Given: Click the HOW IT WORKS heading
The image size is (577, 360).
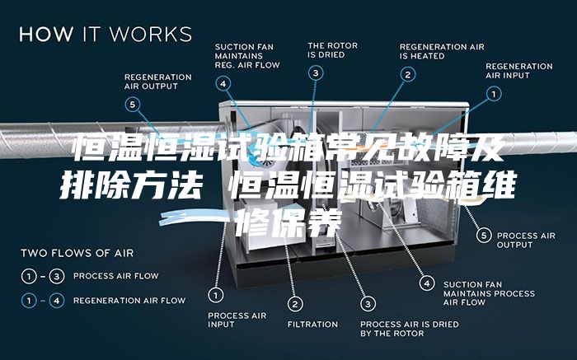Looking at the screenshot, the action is click(106, 35).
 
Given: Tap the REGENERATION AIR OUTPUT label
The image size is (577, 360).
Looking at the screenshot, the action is click(158, 82).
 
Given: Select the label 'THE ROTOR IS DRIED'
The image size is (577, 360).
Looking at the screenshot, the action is click(333, 50).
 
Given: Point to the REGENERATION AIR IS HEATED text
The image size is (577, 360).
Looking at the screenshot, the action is click(442, 51).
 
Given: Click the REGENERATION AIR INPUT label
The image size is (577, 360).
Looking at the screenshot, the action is click(518, 71).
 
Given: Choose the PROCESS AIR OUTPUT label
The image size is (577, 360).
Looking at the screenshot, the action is click(526, 240).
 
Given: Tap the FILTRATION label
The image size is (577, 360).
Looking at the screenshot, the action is click(312, 325).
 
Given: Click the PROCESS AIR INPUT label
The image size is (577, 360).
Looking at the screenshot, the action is click(237, 320).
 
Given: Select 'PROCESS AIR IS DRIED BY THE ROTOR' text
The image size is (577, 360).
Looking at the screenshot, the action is click(409, 329).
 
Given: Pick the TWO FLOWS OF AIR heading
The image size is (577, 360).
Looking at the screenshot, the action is click(77, 253).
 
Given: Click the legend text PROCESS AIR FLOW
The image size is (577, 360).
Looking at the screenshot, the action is click(116, 276).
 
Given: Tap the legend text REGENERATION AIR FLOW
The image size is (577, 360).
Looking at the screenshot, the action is click(129, 301).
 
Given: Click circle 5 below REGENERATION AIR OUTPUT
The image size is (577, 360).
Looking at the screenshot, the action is click(133, 105).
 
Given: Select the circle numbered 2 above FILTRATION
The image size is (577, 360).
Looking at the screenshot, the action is click(295, 304).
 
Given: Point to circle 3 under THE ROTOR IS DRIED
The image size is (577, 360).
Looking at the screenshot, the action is click(316, 73).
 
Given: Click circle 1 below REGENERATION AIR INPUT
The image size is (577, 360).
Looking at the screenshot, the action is click(494, 94).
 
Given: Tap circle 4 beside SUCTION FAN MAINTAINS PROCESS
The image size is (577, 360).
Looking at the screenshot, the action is click(427, 283).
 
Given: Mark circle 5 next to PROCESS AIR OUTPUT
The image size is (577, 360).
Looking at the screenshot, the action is click(484, 236).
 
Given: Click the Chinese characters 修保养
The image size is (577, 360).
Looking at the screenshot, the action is click(287, 224).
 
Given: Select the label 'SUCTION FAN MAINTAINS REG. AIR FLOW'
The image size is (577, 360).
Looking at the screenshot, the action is click(247, 56).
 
